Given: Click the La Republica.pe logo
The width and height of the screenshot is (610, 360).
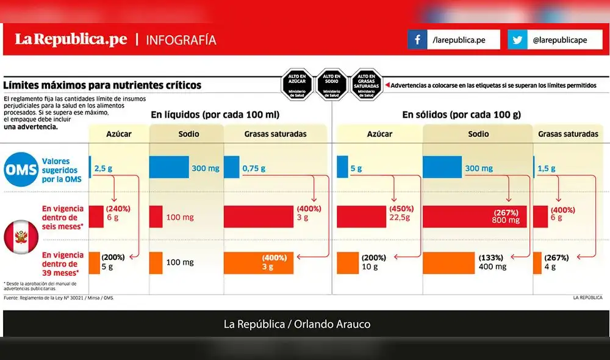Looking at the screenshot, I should [71, 40].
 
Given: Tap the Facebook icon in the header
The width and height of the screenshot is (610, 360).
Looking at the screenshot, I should [417, 40].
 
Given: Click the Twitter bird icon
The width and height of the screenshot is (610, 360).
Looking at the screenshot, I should [517, 40].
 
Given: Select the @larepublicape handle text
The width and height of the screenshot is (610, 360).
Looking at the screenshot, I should [559, 40].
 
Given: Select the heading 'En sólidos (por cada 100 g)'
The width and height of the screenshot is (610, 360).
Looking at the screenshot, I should [461, 115].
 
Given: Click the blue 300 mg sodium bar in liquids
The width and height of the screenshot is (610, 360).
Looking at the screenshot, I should [170, 168].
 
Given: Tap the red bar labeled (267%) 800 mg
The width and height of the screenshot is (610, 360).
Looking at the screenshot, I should [473, 216].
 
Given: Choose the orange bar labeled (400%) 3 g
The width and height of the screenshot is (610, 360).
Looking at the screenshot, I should [258, 262].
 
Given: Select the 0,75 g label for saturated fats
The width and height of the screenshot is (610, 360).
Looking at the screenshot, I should [256, 168].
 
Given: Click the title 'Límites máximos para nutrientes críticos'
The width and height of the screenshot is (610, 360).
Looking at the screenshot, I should [102, 86].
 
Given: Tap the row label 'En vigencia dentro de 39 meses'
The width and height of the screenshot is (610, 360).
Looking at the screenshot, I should [59, 264].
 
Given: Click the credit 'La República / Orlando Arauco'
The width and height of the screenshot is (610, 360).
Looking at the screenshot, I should [305, 324].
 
